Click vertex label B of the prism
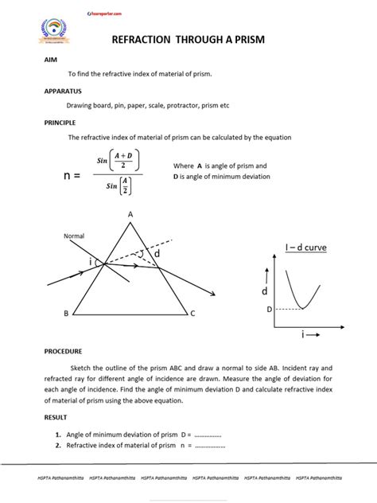[66, 314]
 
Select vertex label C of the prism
[192, 314]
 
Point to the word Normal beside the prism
[74, 236]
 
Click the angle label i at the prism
[90, 262]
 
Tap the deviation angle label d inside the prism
[157, 253]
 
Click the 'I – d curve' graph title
[305, 248]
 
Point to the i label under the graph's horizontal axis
[303, 336]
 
